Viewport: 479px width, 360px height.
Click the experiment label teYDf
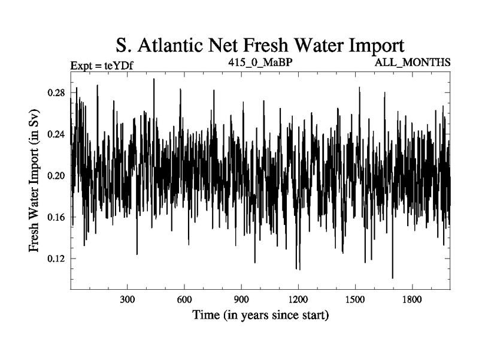pyautogui.click(x=114, y=65)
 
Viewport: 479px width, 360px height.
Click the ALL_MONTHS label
pyautogui.click(x=413, y=62)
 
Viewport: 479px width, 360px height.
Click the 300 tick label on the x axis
pyautogui.click(x=127, y=299)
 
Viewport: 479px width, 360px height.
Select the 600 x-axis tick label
pyautogui.click(x=184, y=299)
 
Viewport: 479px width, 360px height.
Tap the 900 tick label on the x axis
pyautogui.click(x=241, y=299)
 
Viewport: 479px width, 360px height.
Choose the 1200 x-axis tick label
pyautogui.click(x=298, y=299)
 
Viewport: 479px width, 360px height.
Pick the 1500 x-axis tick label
pyautogui.click(x=355, y=299)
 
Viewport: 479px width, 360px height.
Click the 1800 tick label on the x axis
pyautogui.click(x=412, y=299)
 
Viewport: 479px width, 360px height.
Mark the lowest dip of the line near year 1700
pyautogui.click(x=393, y=277)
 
